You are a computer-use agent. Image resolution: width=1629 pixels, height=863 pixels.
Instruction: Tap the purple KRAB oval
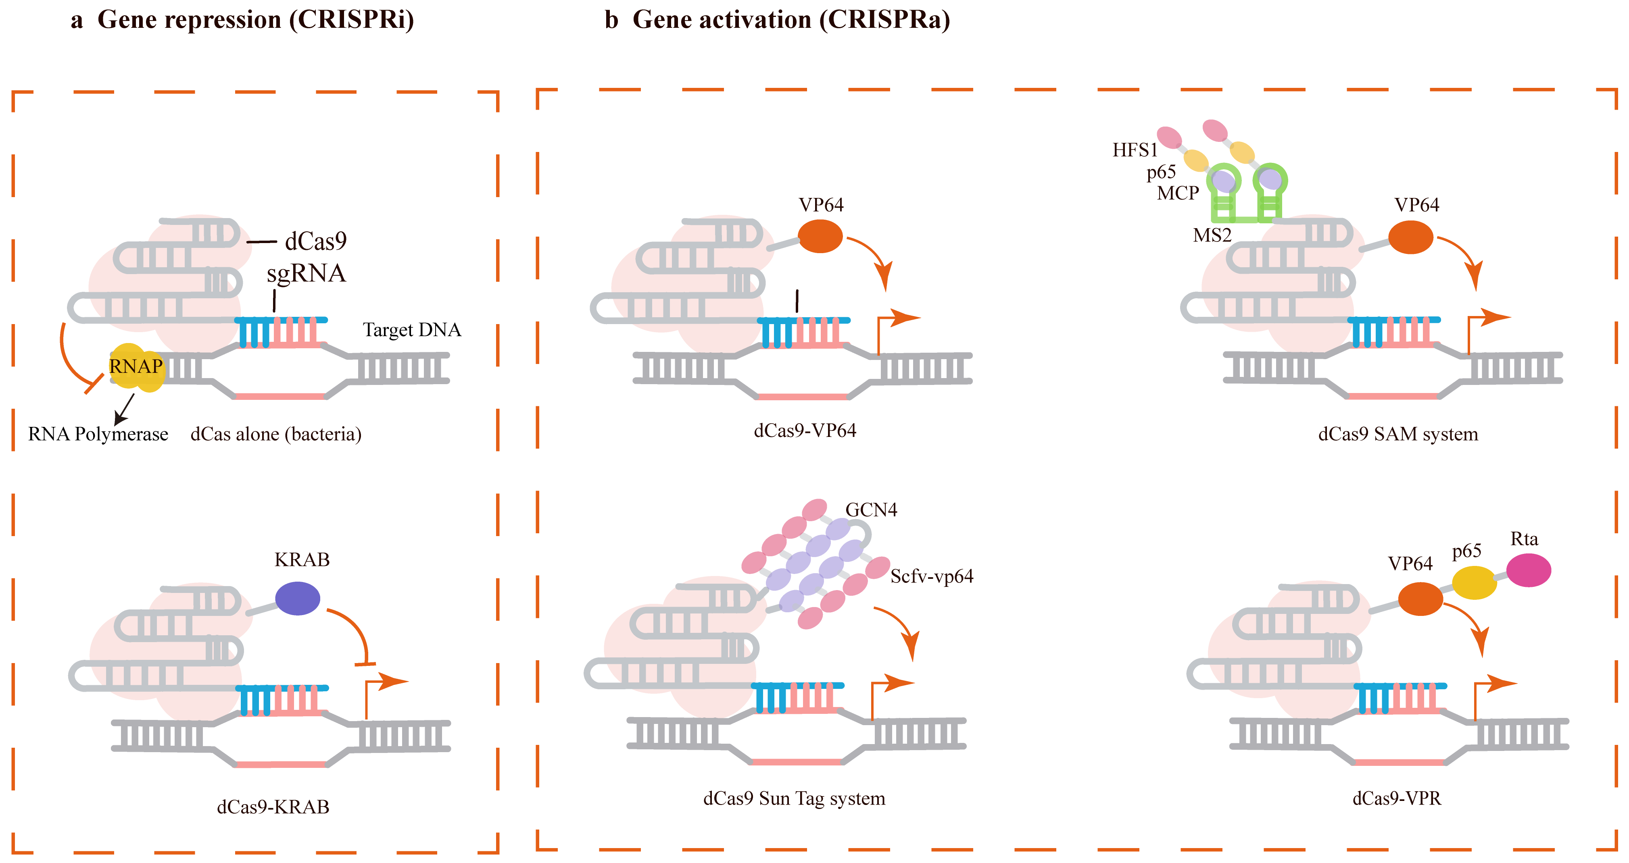pyautogui.click(x=298, y=598)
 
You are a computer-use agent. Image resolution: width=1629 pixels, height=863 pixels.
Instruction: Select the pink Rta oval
pyautogui.click(x=1529, y=570)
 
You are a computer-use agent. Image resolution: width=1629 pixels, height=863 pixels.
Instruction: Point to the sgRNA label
pyautogui.click(x=306, y=273)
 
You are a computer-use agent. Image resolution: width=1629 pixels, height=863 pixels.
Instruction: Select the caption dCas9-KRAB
pyautogui.click(x=273, y=807)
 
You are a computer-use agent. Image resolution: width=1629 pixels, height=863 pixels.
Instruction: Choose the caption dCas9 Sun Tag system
pyautogui.click(x=794, y=799)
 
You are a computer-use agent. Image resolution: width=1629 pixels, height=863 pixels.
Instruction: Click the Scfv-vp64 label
pyautogui.click(x=932, y=576)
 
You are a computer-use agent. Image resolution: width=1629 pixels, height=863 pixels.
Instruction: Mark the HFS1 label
pyautogui.click(x=1135, y=150)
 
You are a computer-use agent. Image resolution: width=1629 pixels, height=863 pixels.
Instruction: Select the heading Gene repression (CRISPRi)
pyautogui.click(x=255, y=20)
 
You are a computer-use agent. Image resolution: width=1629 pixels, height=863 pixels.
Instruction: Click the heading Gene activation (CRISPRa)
pyautogui.click(x=791, y=20)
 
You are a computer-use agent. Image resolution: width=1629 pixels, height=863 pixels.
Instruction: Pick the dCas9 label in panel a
pyautogui.click(x=315, y=241)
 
